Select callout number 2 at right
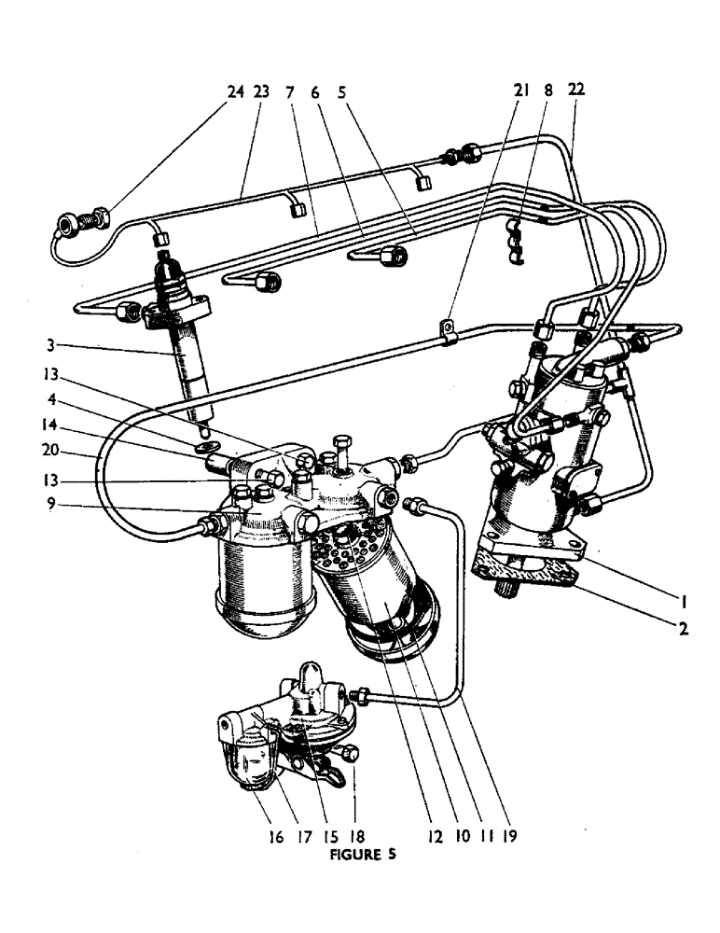(x=684, y=629)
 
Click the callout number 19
(x=508, y=836)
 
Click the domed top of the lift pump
(x=312, y=677)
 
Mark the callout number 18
(x=355, y=836)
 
